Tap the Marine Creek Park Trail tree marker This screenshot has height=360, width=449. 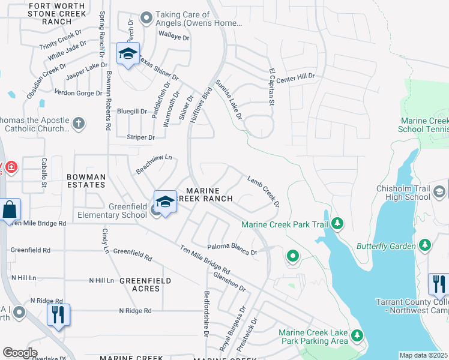pos(337,224)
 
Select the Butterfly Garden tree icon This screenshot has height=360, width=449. pos(425,245)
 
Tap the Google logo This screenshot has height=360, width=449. pos(20,352)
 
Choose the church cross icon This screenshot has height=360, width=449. pos(78,124)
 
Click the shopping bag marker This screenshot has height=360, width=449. pos(10,209)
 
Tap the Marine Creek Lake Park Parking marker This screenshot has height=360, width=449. pos(357,335)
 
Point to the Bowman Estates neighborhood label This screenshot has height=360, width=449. pos(86,181)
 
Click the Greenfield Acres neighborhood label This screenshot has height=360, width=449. pos(145,284)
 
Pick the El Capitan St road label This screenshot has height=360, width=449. pos(271,88)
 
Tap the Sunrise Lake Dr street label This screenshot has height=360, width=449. pos(228,99)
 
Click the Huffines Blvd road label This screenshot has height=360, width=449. pos(201,107)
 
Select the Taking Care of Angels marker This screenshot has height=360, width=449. pos(145,18)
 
